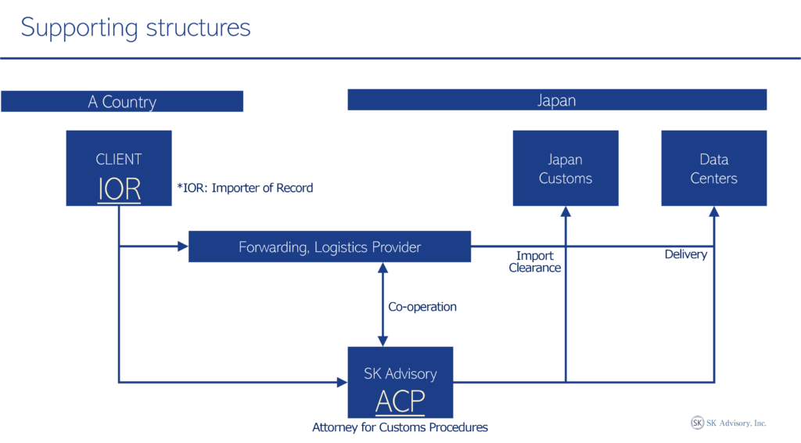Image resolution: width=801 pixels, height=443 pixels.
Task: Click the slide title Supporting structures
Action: [135, 28]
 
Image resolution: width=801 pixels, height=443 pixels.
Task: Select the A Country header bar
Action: [122, 102]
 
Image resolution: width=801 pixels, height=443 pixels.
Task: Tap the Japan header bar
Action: [556, 100]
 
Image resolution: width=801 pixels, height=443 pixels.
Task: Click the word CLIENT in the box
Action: [119, 160]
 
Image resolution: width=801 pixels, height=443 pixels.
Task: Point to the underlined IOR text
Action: [119, 189]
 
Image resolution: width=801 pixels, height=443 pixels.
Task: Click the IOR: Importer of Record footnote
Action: [244, 188]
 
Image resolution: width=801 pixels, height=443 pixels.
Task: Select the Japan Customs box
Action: [565, 168]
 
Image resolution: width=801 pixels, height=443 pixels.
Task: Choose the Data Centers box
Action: [713, 168]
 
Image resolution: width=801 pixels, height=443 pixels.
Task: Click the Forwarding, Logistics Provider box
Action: [329, 247]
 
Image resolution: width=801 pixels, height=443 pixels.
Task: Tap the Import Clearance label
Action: [535, 261]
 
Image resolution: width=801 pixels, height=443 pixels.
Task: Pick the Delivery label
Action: [685, 254]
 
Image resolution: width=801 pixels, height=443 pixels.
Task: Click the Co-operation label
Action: [422, 307]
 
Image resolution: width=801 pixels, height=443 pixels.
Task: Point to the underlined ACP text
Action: [400, 401]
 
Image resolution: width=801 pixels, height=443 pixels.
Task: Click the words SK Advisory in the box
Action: [400, 374]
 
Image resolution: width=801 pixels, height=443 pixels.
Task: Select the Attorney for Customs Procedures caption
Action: [400, 427]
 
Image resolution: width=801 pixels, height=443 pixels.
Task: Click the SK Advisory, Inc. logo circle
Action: [697, 423]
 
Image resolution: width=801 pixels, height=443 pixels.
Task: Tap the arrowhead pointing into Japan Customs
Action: [566, 212]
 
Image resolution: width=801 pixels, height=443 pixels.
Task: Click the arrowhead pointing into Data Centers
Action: [714, 212]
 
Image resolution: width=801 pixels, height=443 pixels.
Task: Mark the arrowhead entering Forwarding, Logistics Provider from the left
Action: [182, 247]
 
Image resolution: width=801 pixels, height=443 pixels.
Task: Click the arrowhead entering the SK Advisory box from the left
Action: [342, 382]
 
